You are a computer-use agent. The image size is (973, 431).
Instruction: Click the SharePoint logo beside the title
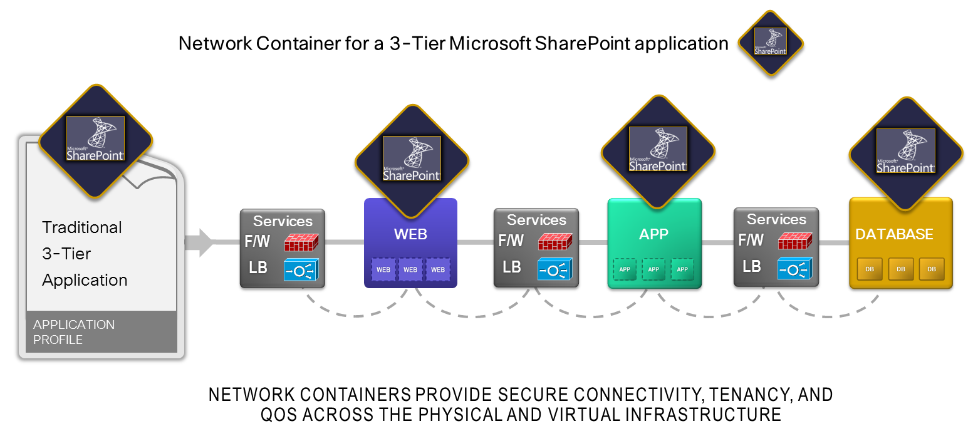770,43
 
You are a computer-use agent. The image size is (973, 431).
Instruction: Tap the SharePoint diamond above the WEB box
411,158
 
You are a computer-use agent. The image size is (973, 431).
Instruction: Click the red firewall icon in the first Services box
301,242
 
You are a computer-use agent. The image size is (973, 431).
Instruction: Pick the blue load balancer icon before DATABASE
795,269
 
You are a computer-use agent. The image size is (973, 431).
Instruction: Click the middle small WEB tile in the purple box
410,269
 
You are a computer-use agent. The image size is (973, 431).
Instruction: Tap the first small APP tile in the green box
625,269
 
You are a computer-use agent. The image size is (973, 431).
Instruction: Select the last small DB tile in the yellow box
932,269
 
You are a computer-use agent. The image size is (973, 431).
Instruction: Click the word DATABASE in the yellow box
894,234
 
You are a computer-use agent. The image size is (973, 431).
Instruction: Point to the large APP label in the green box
653,234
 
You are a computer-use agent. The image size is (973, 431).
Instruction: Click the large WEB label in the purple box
410,234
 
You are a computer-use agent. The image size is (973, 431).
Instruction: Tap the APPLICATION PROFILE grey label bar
101,332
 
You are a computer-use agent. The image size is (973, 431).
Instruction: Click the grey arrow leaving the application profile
200,242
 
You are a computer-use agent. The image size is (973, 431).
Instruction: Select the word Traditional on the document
82,227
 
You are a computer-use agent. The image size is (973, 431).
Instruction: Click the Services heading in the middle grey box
536,220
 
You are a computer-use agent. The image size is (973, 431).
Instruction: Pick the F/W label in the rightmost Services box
751,240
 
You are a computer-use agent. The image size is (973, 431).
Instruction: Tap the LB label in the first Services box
258,267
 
